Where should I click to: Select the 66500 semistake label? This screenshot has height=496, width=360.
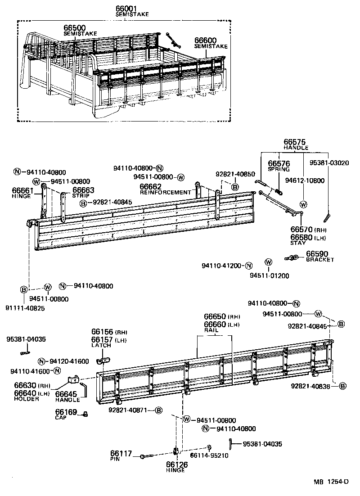point(75,28)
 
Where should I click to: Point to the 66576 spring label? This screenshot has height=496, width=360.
point(279,164)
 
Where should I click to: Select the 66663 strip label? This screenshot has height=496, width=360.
point(83,190)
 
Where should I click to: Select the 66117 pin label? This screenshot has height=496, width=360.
point(121,454)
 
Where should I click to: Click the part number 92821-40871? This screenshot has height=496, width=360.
point(131,410)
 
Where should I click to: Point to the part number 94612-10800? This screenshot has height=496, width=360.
point(305,180)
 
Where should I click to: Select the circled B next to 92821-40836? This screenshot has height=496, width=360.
point(342,386)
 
